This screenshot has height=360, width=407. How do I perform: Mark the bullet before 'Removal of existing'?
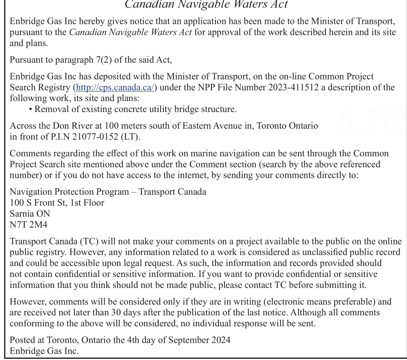[x=31, y=109]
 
